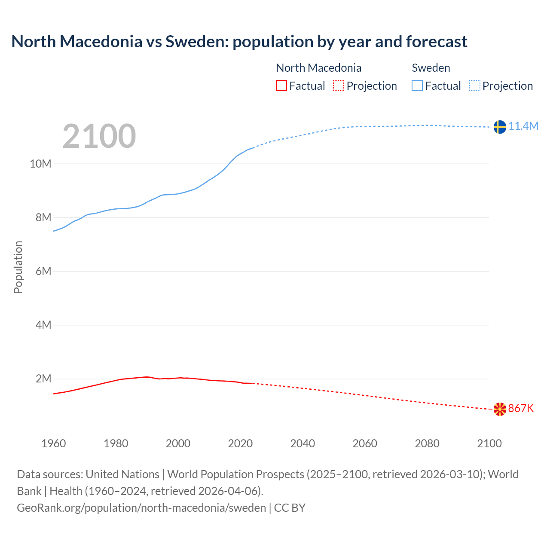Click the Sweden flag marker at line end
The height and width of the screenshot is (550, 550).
[x=500, y=127]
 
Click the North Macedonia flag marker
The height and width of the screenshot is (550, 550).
[x=500, y=409]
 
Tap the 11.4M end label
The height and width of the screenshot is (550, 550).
[x=523, y=126]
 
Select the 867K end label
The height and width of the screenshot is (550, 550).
[x=521, y=408]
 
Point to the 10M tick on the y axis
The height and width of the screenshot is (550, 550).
[x=40, y=164]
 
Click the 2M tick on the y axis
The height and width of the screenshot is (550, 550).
[x=43, y=379]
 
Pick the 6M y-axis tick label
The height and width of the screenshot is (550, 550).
[x=43, y=271]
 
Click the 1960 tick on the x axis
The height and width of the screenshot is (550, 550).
[x=54, y=443]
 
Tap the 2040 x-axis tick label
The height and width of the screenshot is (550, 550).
[x=302, y=443]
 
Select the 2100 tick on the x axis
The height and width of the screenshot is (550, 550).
[x=489, y=443]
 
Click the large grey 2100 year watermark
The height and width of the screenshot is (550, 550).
[x=99, y=136]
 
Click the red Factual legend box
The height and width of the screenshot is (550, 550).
[x=281, y=86]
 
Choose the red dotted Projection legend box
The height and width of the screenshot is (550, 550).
[x=339, y=86]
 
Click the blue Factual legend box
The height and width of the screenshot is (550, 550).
[x=417, y=86]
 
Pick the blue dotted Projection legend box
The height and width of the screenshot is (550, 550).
[x=474, y=86]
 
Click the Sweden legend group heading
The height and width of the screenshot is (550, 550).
[x=431, y=68]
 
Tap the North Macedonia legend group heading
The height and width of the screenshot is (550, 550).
[x=318, y=68]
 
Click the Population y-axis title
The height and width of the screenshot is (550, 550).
[x=18, y=267]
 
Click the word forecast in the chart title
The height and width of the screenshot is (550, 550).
[x=437, y=42]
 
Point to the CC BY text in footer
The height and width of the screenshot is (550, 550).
[x=290, y=508]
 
